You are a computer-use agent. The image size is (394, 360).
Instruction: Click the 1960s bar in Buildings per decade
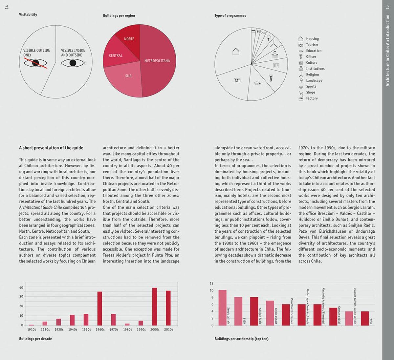click(x=99, y=308)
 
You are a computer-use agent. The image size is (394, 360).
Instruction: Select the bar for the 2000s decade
click(x=155, y=307)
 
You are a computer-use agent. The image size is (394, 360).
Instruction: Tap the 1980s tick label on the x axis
click(x=127, y=329)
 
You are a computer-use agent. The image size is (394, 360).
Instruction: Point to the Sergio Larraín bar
click(x=222, y=308)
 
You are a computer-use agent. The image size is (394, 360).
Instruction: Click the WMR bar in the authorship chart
click(x=365, y=318)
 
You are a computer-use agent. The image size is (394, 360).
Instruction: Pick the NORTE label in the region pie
click(x=129, y=39)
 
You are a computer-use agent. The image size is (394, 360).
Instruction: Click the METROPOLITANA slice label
click(x=157, y=61)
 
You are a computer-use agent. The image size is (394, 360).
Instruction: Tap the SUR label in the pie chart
click(x=128, y=76)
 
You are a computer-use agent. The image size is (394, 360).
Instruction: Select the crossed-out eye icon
click(x=35, y=63)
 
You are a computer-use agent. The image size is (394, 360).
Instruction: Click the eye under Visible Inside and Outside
click(x=73, y=63)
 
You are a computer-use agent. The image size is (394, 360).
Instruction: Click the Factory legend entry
click(x=308, y=98)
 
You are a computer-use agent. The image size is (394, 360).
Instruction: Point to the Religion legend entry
click(x=309, y=74)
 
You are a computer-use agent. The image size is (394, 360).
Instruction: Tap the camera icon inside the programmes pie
click(x=237, y=80)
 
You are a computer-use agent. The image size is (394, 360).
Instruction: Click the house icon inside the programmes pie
click(x=236, y=52)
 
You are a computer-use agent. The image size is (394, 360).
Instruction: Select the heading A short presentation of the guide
click(x=51, y=148)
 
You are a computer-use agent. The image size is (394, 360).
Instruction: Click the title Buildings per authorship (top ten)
click(x=241, y=339)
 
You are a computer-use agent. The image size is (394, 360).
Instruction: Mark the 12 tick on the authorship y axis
click(x=211, y=283)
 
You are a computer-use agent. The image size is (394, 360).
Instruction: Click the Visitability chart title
click(x=28, y=14)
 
